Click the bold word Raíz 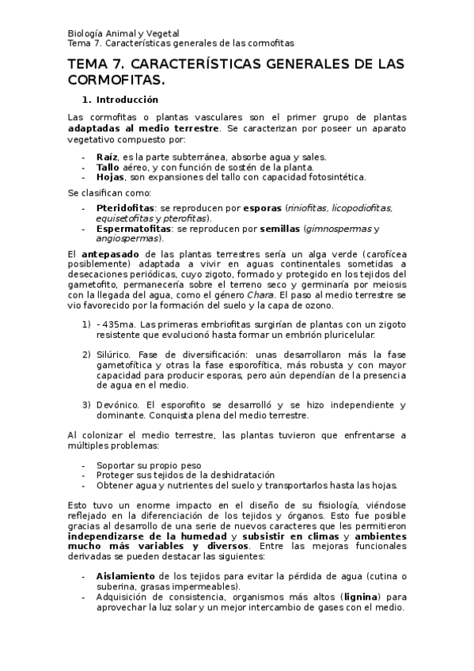[105, 157]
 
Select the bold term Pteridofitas [127, 208]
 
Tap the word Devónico [118, 405]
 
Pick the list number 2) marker [86, 356]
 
